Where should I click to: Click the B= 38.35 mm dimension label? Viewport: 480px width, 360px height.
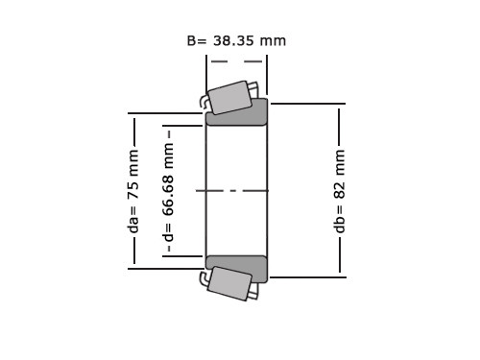tap(236, 41)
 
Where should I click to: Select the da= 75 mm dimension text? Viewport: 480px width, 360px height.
tap(133, 191)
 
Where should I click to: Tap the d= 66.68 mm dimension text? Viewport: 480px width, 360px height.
tap(168, 192)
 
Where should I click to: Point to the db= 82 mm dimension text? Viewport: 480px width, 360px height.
tap(339, 191)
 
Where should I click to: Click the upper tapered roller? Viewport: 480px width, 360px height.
tap(229, 97)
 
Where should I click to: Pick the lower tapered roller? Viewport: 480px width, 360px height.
tap(229, 283)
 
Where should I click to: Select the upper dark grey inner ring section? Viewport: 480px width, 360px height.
tap(236, 112)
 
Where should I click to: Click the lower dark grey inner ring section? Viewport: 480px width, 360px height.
tap(236, 269)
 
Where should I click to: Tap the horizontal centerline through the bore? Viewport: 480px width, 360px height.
tap(232, 191)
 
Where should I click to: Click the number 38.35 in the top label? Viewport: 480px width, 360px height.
tap(233, 41)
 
